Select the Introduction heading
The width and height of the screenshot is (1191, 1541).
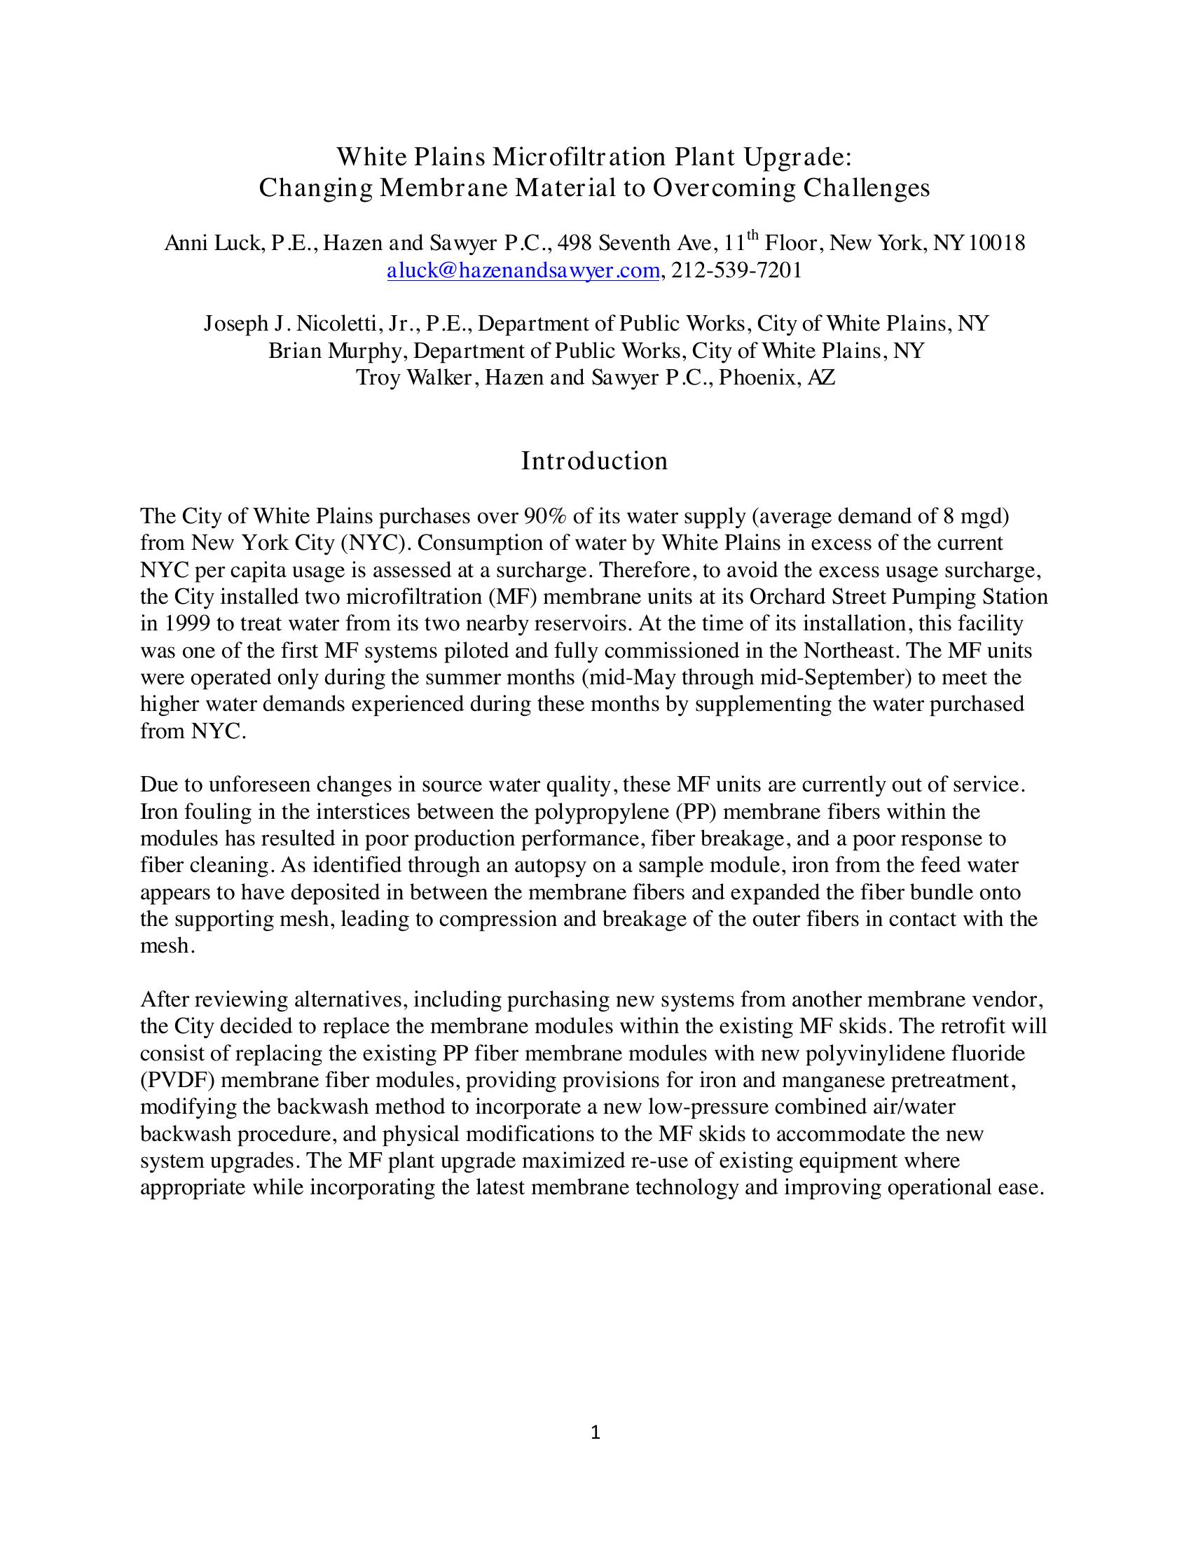point(594,461)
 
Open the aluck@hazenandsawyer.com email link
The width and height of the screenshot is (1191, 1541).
point(523,271)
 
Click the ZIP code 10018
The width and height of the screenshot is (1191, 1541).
point(997,244)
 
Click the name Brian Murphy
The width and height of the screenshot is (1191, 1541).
point(334,351)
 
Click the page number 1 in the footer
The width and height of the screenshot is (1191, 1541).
point(595,1432)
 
